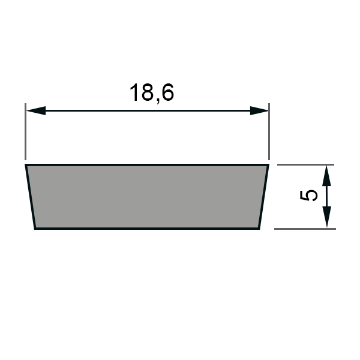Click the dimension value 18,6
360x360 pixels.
pyautogui.click(x=152, y=93)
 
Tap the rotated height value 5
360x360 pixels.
pyautogui.click(x=309, y=195)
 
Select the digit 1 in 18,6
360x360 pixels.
pyautogui.click(x=134, y=92)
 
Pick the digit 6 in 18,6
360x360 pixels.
pyautogui.click(x=167, y=92)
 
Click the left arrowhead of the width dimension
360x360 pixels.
pyautogui.click(x=36, y=110)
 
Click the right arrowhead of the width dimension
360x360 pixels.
pyautogui.click(x=259, y=110)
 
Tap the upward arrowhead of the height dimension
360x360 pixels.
pyautogui.click(x=327, y=176)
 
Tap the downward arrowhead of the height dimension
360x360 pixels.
pyautogui.click(x=327, y=217)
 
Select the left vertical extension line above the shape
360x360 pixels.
pyautogui.click(x=25, y=131)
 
